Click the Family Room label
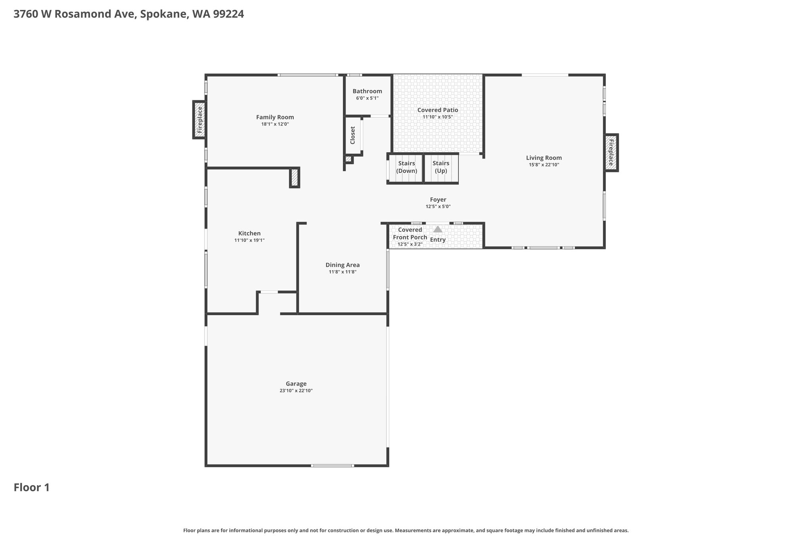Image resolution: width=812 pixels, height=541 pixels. pos(275,117)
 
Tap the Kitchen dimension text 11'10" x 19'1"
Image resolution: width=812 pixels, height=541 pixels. pos(249,240)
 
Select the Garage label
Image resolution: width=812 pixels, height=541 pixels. pos(296,384)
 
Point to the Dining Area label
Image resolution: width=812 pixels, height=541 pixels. pos(343,265)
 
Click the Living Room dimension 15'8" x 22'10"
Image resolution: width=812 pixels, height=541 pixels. pos(544,164)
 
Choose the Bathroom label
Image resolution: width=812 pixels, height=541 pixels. pos(367,91)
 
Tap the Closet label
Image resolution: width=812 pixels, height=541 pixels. pos(352,136)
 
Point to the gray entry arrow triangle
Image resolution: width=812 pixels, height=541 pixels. pos(438,229)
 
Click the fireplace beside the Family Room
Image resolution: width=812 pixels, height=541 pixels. pos(199,120)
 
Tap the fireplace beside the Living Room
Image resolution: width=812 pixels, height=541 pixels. pos(611,153)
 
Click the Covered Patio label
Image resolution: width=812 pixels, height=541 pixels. pos(438,110)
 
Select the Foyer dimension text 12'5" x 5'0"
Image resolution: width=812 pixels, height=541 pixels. pos(438,206)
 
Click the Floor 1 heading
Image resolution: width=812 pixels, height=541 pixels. pos(32,487)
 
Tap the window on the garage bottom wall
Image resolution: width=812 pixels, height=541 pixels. pos(332,466)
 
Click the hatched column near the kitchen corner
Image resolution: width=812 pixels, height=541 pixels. pos(294,178)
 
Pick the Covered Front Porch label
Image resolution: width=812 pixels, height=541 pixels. pos(410,233)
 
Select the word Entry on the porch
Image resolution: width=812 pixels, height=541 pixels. pos(438,240)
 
